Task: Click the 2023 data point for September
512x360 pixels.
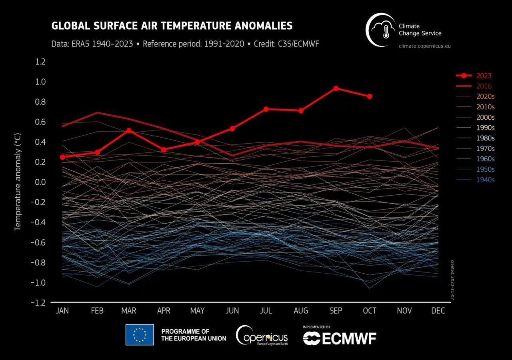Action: pyautogui.click(x=336, y=88)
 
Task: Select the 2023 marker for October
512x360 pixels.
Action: pyautogui.click(x=370, y=96)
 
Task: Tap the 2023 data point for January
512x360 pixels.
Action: pyautogui.click(x=62, y=157)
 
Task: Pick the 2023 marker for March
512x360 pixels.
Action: pyautogui.click(x=129, y=130)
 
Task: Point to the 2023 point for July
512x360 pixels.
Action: pyautogui.click(x=266, y=109)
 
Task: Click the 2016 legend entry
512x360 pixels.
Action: pyautogui.click(x=484, y=86)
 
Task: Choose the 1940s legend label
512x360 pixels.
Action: pyautogui.click(x=485, y=180)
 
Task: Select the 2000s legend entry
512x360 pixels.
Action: pyautogui.click(x=485, y=117)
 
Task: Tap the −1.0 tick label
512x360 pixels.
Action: pyautogui.click(x=39, y=283)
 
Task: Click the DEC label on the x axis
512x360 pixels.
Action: pyautogui.click(x=438, y=311)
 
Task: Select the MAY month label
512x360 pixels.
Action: pyautogui.click(x=197, y=311)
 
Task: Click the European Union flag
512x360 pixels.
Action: pyautogui.click(x=140, y=334)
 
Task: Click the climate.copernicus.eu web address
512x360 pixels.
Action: pyautogui.click(x=425, y=46)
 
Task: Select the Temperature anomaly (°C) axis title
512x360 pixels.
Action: pyautogui.click(x=18, y=182)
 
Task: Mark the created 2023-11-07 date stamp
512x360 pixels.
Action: pyautogui.click(x=453, y=280)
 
